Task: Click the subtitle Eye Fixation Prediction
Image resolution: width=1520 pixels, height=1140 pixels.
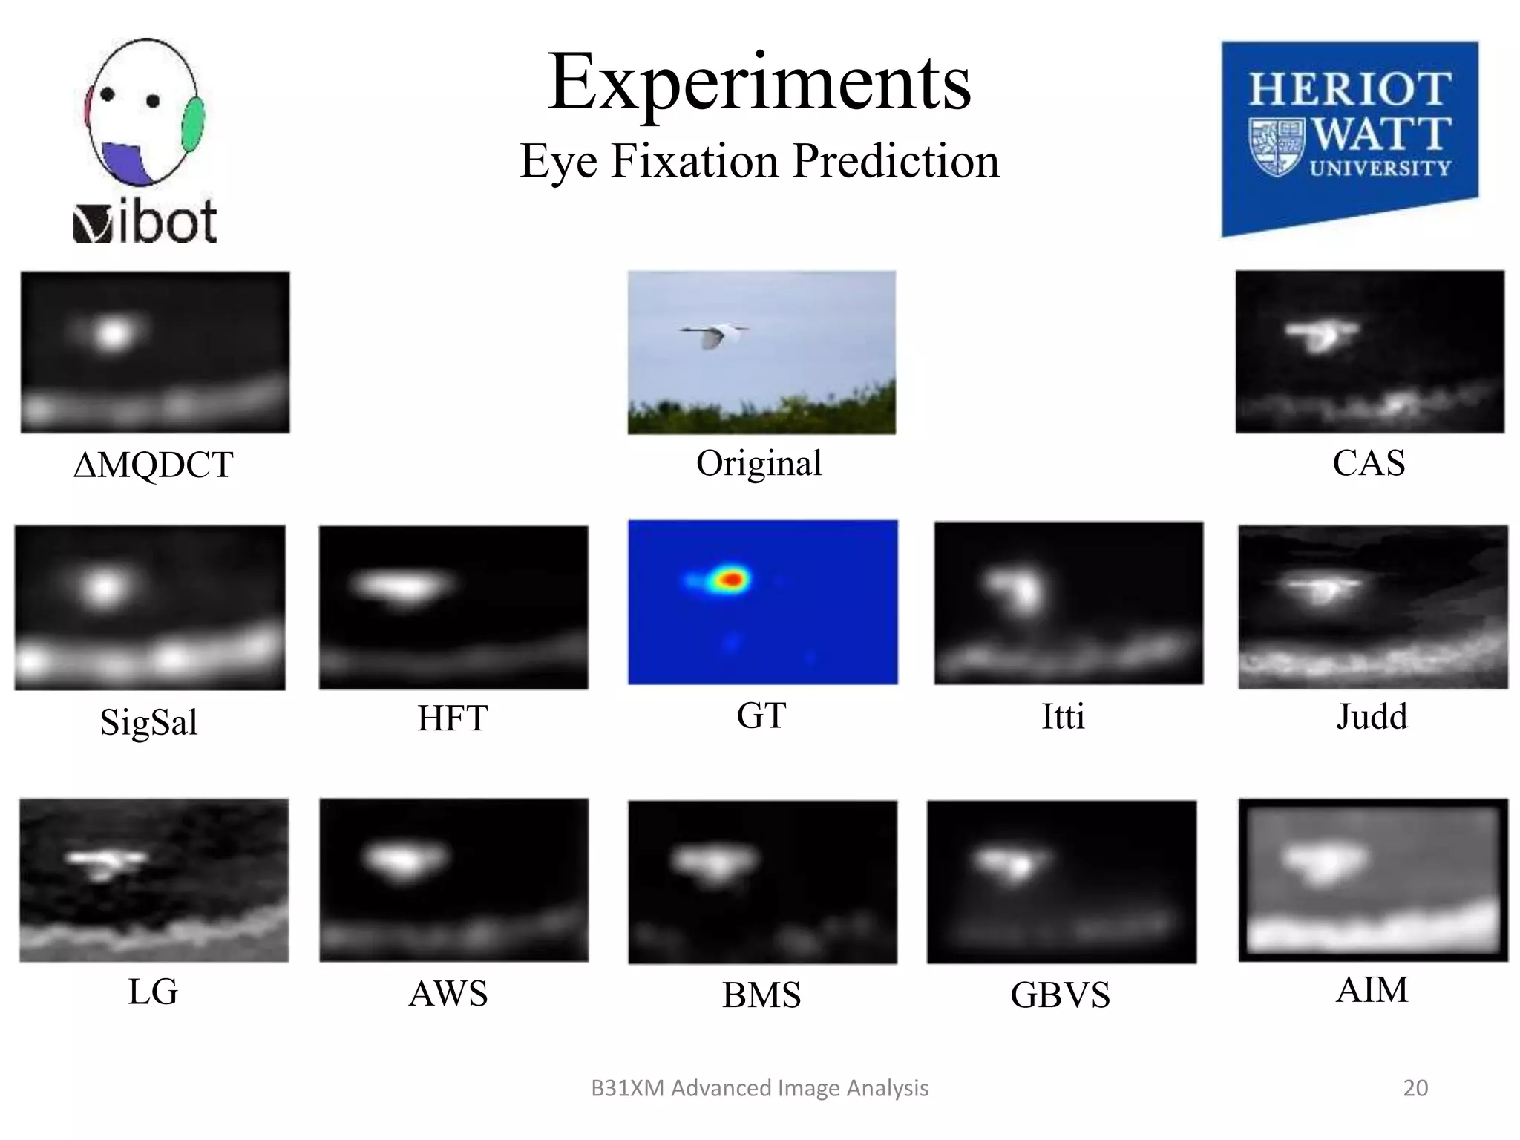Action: [759, 161]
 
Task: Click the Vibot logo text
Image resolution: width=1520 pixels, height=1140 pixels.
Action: [145, 221]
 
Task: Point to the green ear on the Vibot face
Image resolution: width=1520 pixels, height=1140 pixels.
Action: [193, 124]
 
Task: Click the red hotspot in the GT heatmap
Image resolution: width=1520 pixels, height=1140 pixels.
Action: [733, 579]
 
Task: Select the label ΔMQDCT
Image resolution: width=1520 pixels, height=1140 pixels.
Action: [153, 465]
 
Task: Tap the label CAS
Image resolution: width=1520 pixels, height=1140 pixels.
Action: [1368, 463]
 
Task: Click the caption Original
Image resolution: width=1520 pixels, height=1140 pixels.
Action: [759, 463]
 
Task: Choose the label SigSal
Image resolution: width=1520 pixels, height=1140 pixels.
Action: [148, 721]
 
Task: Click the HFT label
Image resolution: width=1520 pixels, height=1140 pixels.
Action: [452, 718]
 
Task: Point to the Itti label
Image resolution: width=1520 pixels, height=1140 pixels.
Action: [1063, 717]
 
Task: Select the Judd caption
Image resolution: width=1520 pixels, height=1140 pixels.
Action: [1372, 717]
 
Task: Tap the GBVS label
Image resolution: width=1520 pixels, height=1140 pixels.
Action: [1060, 995]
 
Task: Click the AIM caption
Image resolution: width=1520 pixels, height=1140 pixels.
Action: [1372, 989]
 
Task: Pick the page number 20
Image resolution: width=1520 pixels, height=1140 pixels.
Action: [1415, 1087]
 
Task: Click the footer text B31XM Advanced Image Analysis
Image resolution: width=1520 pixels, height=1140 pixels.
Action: [759, 1087]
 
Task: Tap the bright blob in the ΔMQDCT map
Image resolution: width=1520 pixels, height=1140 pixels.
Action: [113, 334]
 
